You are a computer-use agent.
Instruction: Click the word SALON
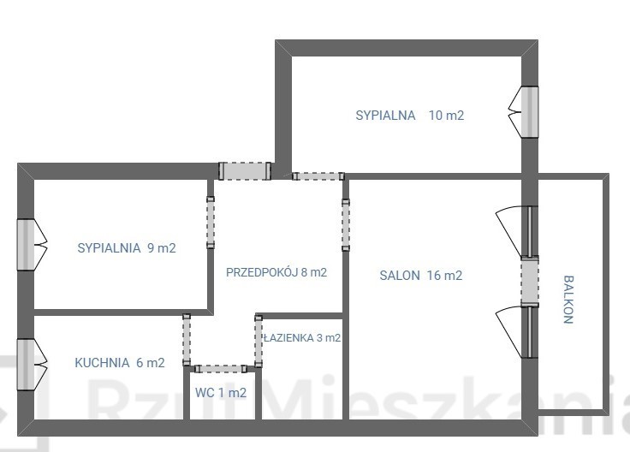tap(400, 276)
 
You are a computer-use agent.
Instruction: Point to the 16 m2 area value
tap(445, 276)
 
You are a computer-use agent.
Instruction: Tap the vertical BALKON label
tap(568, 300)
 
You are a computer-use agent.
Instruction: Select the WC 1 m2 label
tap(221, 393)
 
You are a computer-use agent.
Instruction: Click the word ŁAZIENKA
tap(288, 338)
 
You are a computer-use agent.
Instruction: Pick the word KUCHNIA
tap(102, 363)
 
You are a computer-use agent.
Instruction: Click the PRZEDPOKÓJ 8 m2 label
tap(276, 272)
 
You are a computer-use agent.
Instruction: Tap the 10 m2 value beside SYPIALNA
tap(446, 116)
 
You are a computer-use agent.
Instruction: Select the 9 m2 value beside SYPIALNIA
tap(162, 248)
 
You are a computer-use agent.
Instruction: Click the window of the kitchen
tap(25, 365)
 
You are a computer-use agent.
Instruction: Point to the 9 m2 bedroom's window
tap(25, 245)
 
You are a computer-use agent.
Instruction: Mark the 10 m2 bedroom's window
tap(530, 112)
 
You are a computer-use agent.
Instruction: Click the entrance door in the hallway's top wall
tap(245, 170)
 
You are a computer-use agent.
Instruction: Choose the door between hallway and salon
tap(346, 225)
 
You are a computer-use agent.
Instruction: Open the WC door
tap(221, 369)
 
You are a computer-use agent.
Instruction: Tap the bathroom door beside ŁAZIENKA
tap(259, 341)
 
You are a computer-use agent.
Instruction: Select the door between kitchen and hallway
tap(187, 340)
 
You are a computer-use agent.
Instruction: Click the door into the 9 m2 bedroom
tap(211, 223)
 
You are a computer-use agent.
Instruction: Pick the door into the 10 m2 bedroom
tap(318, 176)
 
